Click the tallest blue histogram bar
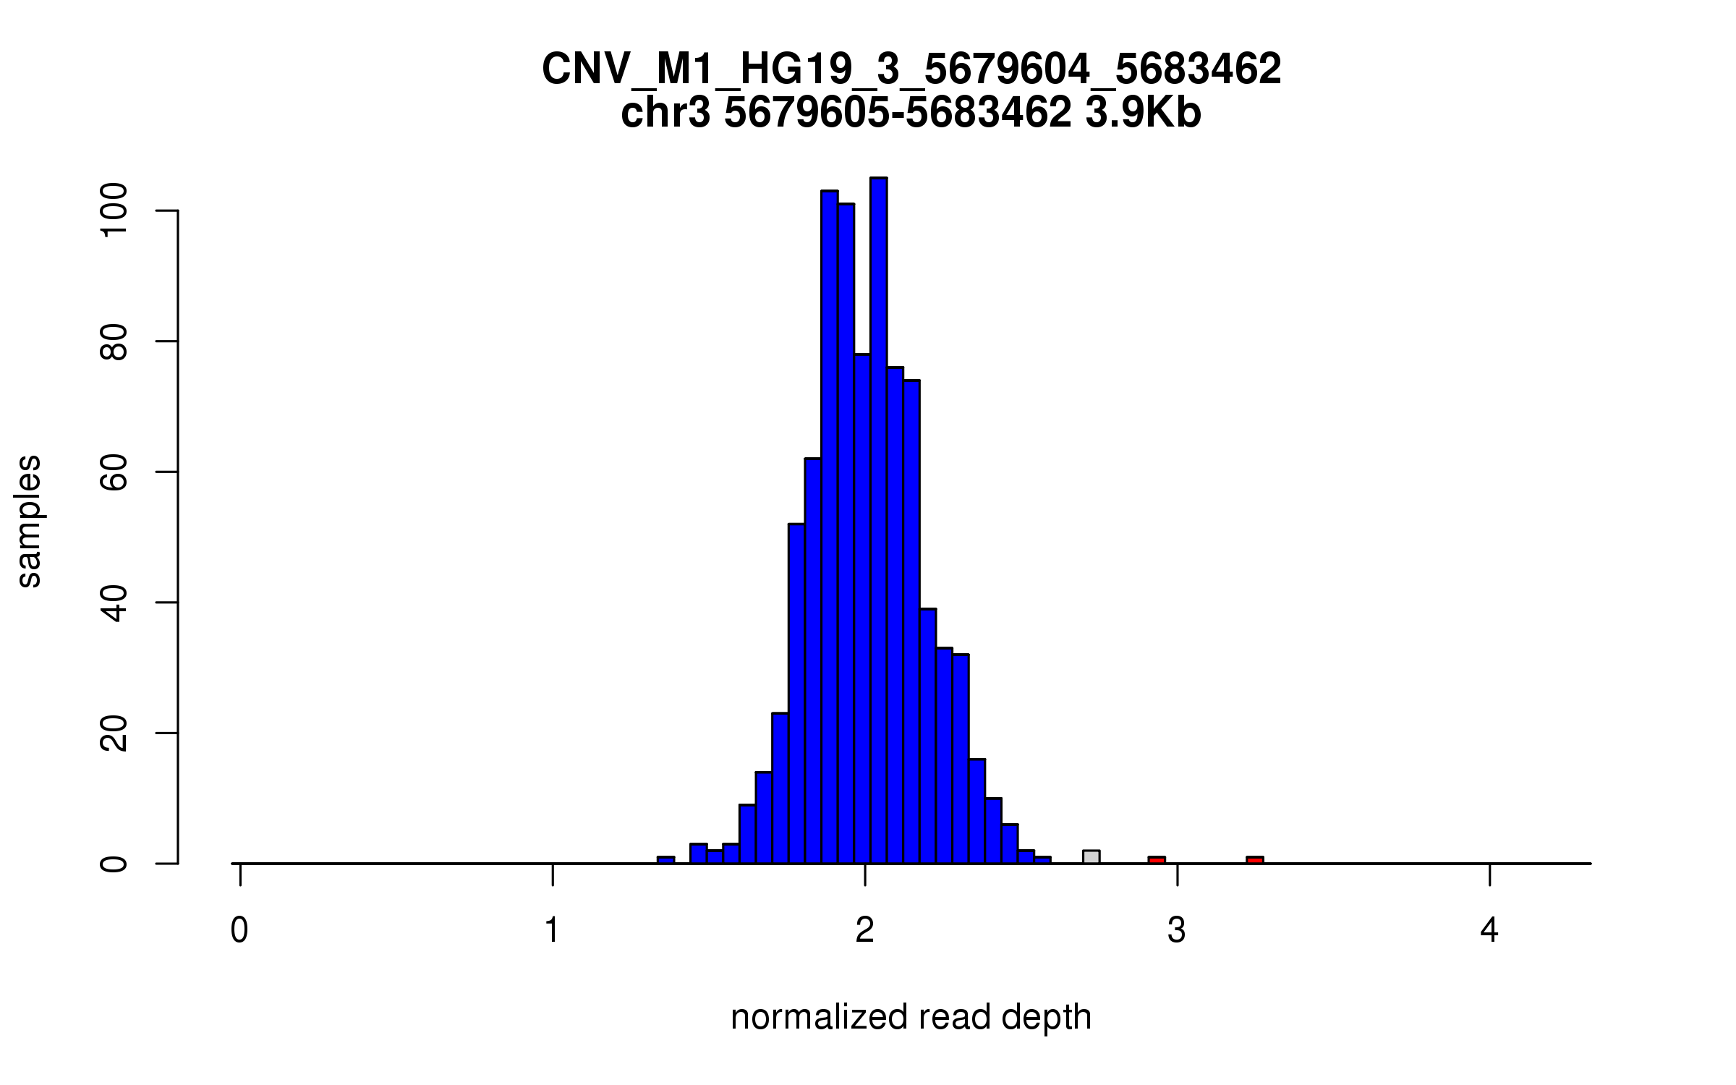(x=878, y=521)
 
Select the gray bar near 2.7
(x=1091, y=857)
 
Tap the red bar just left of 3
(x=1157, y=860)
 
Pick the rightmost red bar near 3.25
(x=1255, y=860)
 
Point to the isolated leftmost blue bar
(x=665, y=860)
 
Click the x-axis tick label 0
(x=239, y=931)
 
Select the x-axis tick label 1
(x=553, y=931)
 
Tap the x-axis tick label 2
(x=865, y=931)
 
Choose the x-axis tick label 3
(x=1177, y=931)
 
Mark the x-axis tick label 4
(x=1489, y=931)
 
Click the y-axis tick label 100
(x=114, y=210)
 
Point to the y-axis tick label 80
(x=114, y=341)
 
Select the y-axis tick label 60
(x=114, y=472)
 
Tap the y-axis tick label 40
(x=114, y=603)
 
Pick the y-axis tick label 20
(x=114, y=733)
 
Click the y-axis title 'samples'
(x=30, y=521)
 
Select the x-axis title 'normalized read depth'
(x=911, y=1017)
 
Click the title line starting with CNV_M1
(x=911, y=70)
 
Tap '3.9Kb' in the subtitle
(x=1143, y=114)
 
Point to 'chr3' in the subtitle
(x=665, y=114)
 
